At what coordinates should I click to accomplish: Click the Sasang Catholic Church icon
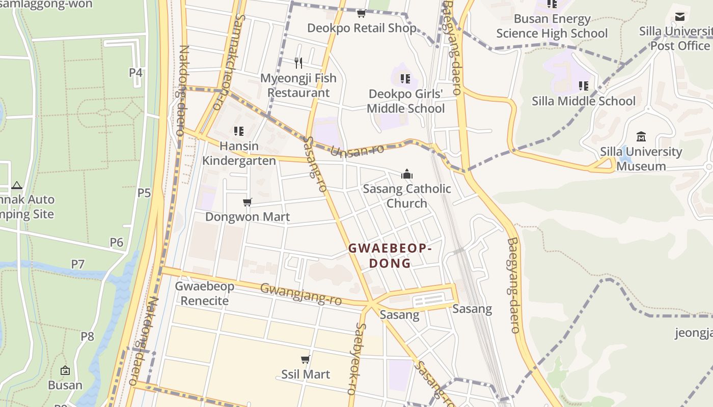(406, 175)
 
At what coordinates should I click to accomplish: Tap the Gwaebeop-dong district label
(390, 256)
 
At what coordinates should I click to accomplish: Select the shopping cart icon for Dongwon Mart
(248, 202)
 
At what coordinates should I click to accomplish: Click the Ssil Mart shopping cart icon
(306, 360)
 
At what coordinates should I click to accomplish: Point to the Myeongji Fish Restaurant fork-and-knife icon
(298, 63)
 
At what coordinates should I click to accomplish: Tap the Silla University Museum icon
(641, 136)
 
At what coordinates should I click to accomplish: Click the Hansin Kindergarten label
(239, 153)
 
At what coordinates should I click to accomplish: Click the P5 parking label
(144, 193)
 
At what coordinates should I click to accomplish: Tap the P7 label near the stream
(77, 264)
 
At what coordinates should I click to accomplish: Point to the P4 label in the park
(135, 72)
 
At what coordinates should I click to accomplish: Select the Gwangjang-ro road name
(300, 294)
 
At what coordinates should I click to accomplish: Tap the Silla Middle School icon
(583, 86)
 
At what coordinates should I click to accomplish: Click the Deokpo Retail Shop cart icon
(361, 13)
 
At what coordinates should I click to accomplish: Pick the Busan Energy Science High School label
(552, 26)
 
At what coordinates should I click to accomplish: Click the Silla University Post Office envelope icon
(679, 17)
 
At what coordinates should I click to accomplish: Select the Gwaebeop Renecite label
(205, 293)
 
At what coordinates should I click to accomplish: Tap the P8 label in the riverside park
(88, 336)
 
